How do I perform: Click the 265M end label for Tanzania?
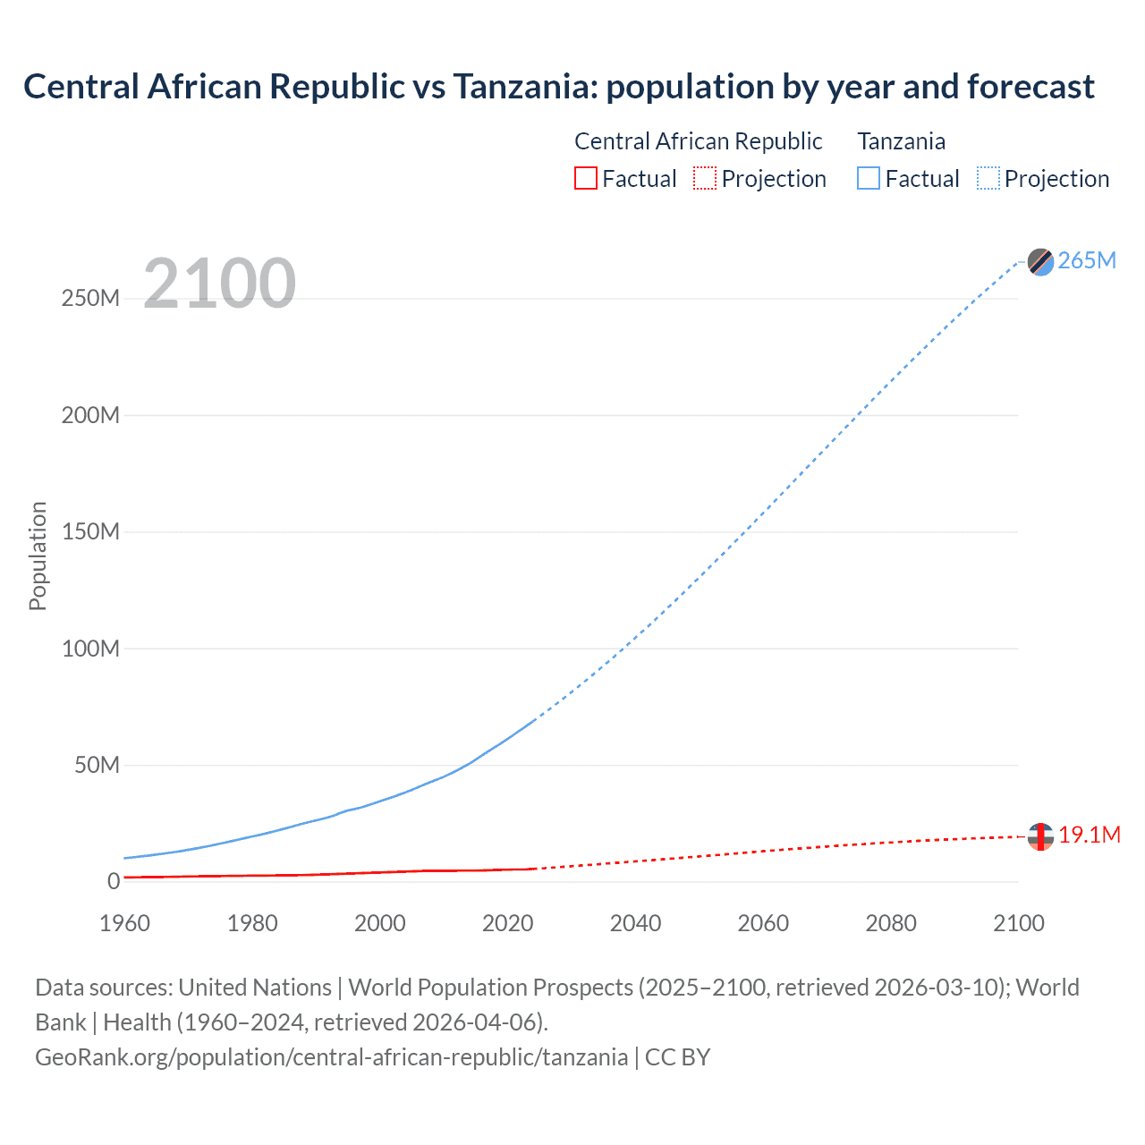tap(1087, 260)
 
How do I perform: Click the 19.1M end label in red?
tap(1089, 835)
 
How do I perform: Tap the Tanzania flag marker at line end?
tap(1040, 262)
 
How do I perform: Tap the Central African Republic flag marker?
tap(1040, 836)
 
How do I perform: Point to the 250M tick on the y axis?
tap(90, 298)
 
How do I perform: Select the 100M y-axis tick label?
tap(90, 649)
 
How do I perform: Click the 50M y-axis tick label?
tap(97, 765)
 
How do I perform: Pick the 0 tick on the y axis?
tap(113, 881)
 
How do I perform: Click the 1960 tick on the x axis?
tap(124, 923)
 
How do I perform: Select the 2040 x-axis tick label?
tap(635, 923)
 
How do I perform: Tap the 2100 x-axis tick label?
tap(1018, 923)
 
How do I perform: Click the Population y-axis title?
tap(38, 556)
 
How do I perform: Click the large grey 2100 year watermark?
tap(219, 284)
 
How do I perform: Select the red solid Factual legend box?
tap(585, 178)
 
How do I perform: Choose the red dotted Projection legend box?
tap(705, 178)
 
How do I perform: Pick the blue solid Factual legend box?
tap(868, 178)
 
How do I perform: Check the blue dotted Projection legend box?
tap(988, 178)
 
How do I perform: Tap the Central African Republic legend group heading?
tap(698, 141)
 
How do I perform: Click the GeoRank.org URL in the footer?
tap(331, 1056)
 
